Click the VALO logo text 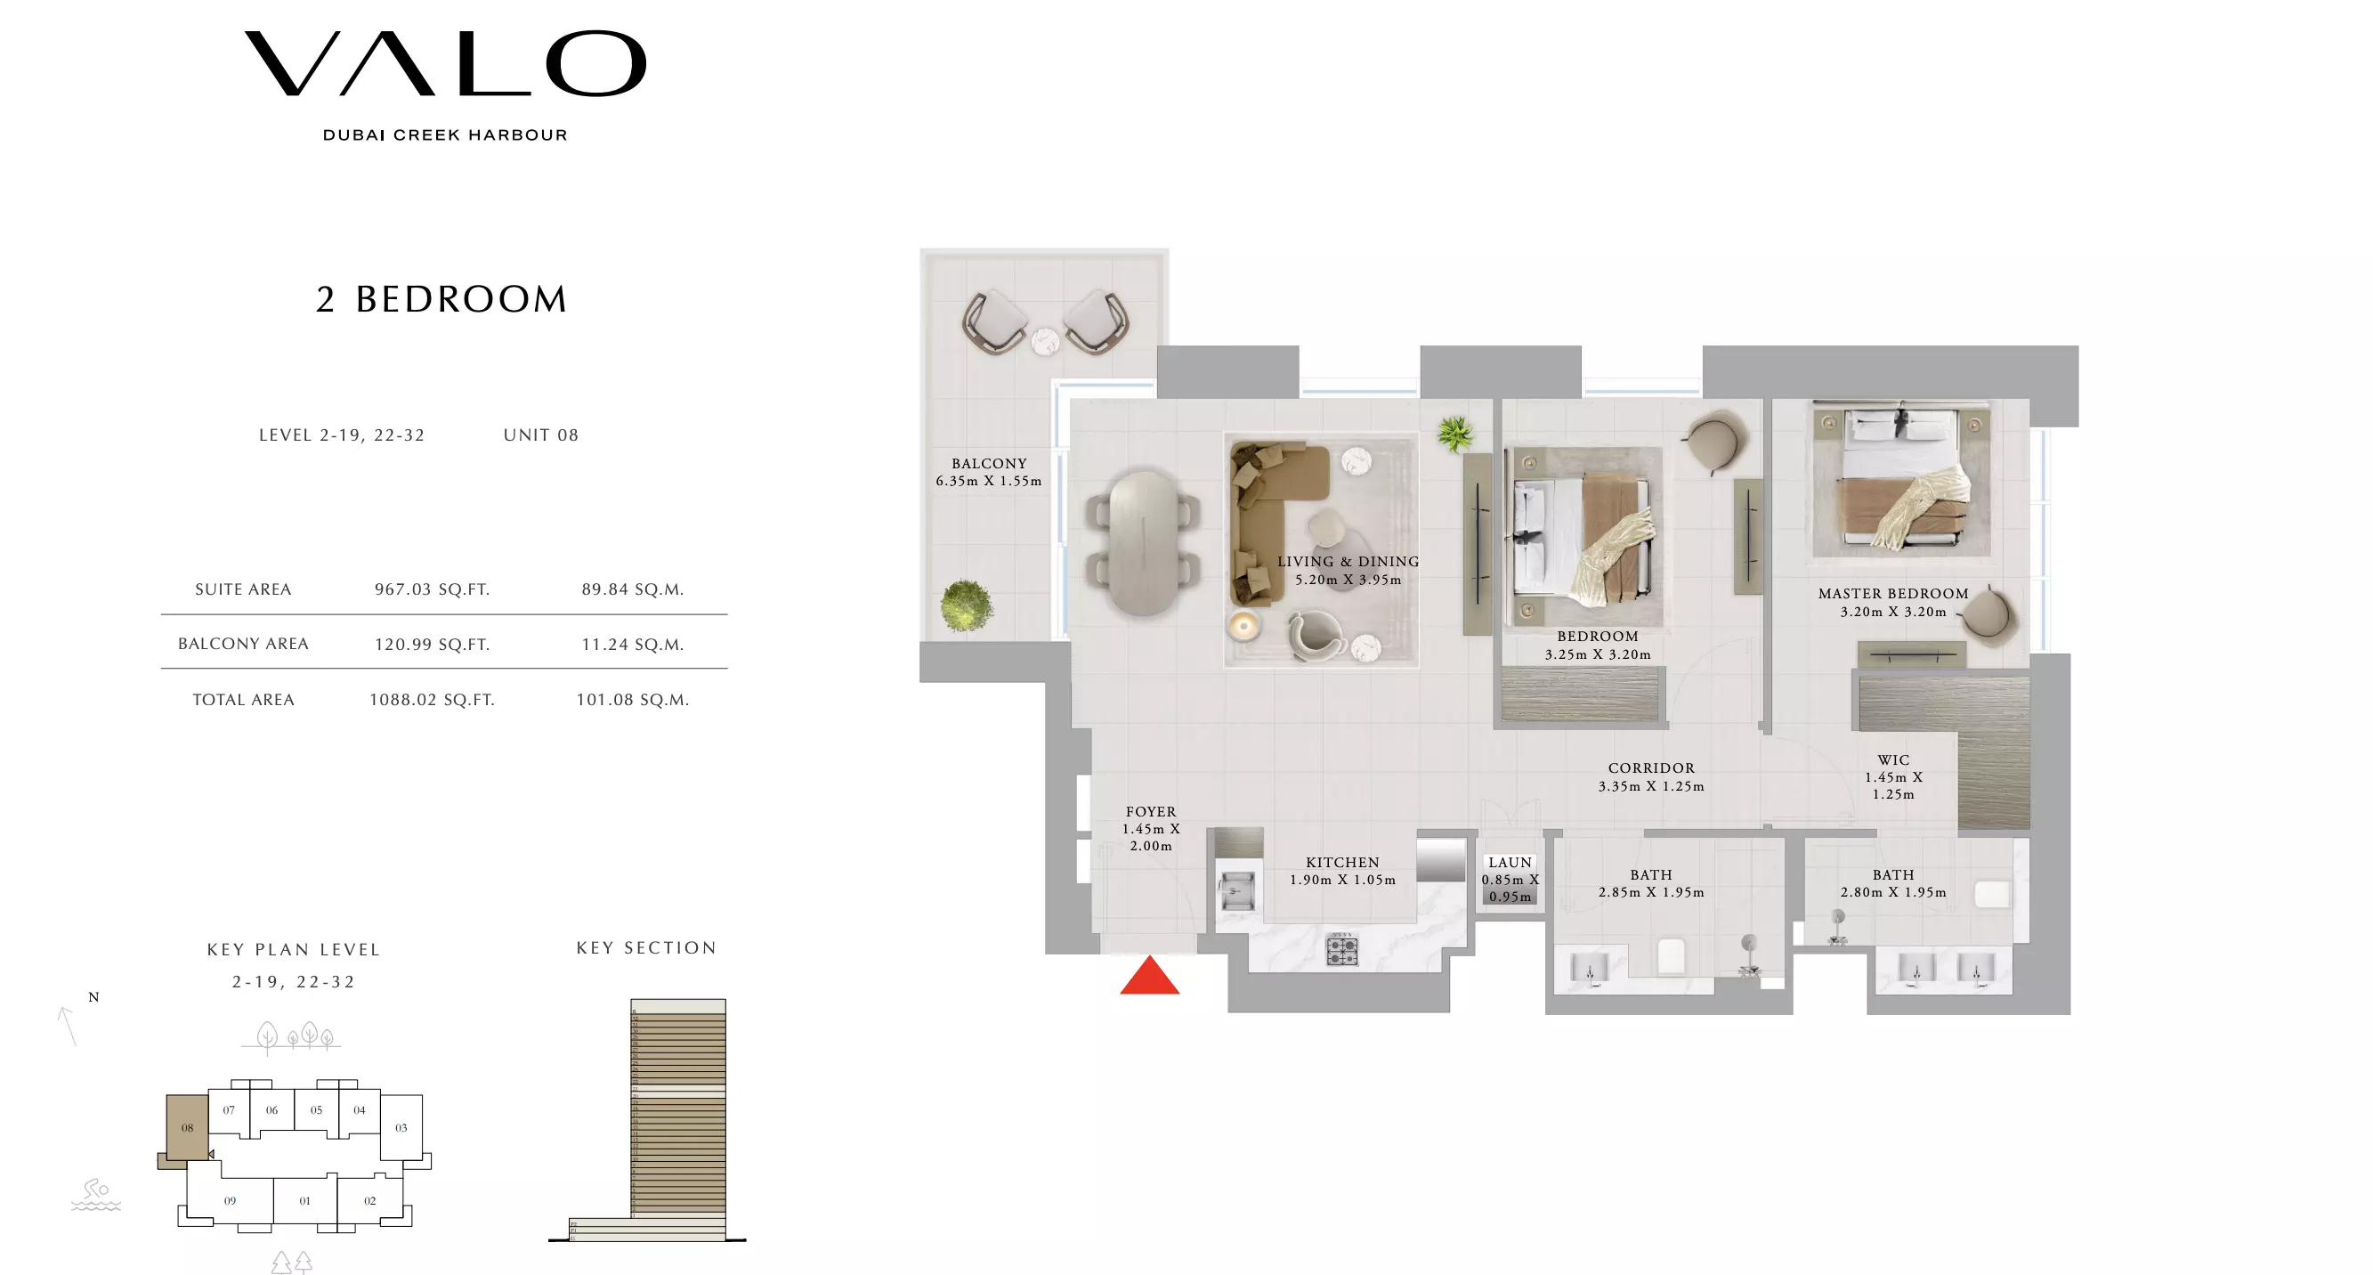point(445,63)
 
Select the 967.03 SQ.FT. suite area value point(431,589)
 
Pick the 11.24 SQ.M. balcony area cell point(632,645)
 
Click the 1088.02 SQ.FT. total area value point(431,700)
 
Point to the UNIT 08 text point(541,434)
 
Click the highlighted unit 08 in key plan point(187,1127)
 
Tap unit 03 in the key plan point(401,1127)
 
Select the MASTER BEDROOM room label point(1892,594)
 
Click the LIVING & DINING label point(1347,562)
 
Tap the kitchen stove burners point(1341,950)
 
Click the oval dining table point(1142,543)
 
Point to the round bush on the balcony point(966,606)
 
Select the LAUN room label point(1510,863)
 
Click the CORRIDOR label point(1651,768)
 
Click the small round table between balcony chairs point(1045,342)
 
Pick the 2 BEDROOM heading point(441,299)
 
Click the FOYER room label point(1151,813)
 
